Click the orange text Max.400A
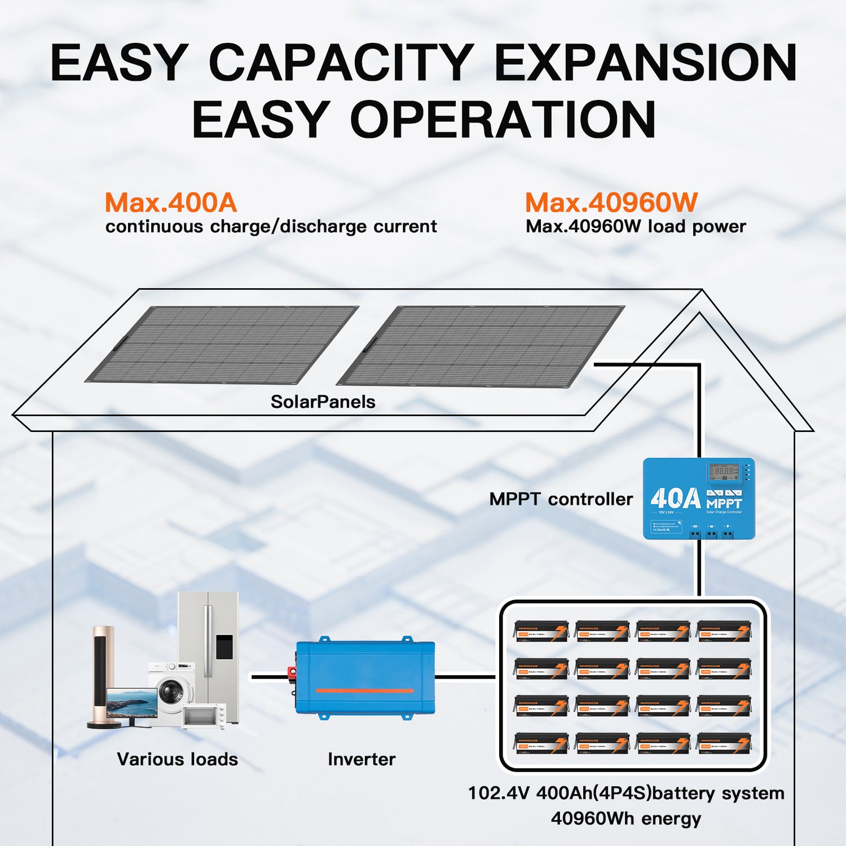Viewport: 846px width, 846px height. [171, 203]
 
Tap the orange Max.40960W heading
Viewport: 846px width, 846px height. [611, 203]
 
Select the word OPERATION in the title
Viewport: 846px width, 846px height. [503, 120]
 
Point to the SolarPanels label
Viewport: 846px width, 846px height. [323, 402]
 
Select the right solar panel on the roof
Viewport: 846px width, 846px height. [481, 345]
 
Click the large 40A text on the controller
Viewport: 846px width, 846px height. [675, 499]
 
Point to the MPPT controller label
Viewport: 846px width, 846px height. [561, 499]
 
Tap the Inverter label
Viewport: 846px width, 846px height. [362, 759]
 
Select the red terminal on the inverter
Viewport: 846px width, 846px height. [292, 672]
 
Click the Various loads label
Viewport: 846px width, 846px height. [177, 759]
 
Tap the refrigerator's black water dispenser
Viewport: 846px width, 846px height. [224, 646]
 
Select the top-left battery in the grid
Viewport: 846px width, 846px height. [541, 632]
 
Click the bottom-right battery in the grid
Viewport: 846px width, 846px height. [724, 743]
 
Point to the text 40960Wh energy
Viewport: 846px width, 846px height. [626, 818]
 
